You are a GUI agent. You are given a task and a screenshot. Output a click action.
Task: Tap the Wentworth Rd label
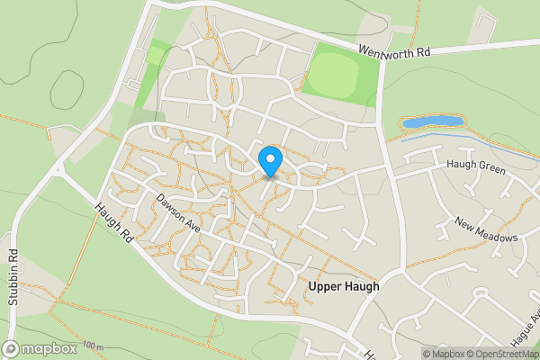pyautogui.click(x=394, y=52)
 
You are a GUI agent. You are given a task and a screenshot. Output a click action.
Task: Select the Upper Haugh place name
pyautogui.click(x=344, y=286)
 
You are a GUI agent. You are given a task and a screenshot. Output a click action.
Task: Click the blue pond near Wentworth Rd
pyautogui.click(x=432, y=121)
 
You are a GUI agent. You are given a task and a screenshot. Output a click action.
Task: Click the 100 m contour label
pyautogui.click(x=92, y=346)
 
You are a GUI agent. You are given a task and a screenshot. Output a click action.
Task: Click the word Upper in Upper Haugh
pyautogui.click(x=326, y=286)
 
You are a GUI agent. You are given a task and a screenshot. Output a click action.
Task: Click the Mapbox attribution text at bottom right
pyautogui.click(x=443, y=354)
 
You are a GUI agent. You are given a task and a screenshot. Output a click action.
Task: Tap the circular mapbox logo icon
pyautogui.click(x=12, y=349)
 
